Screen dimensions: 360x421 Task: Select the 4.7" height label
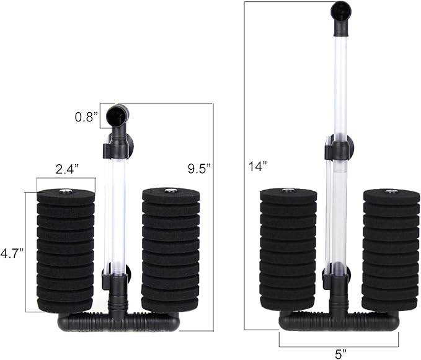(12, 253)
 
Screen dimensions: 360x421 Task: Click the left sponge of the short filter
(66, 251)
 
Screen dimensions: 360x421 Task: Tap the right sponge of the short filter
(171, 251)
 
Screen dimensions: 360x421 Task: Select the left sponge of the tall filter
(288, 251)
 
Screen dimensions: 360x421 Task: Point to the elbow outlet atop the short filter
(117, 116)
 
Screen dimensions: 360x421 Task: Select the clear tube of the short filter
(115, 211)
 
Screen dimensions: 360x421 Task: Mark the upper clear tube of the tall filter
(340, 81)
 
